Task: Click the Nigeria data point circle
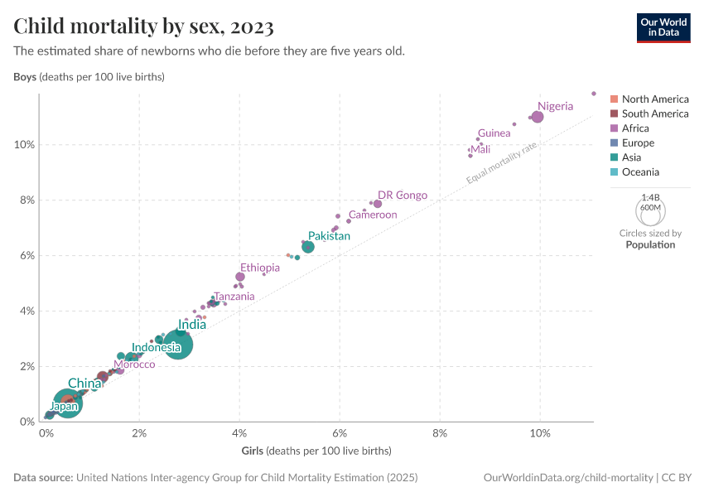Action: pyautogui.click(x=537, y=117)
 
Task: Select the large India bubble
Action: pyautogui.click(x=176, y=345)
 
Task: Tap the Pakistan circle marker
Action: pyautogui.click(x=308, y=247)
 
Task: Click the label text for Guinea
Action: pyautogui.click(x=494, y=133)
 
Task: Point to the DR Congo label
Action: pyautogui.click(x=403, y=195)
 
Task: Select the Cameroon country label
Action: pyautogui.click(x=373, y=215)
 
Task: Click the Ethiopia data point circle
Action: pyautogui.click(x=240, y=277)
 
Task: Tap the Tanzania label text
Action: pyautogui.click(x=234, y=297)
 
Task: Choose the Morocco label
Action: pyautogui.click(x=134, y=364)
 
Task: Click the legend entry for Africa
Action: pyautogui.click(x=635, y=128)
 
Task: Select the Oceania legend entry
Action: pyautogui.click(x=640, y=172)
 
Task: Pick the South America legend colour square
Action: pyautogui.click(x=614, y=113)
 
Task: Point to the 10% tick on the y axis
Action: pyautogui.click(x=23, y=144)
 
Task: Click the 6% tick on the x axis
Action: pyautogui.click(x=340, y=433)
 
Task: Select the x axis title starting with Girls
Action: pyautogui.click(x=316, y=451)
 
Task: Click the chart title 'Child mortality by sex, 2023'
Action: pyautogui.click(x=144, y=27)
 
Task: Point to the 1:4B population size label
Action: pyautogui.click(x=649, y=198)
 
